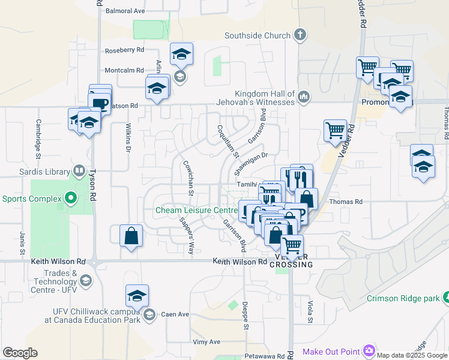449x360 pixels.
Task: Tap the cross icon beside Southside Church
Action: [x=301, y=35]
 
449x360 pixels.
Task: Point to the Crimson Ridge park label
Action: [x=403, y=298]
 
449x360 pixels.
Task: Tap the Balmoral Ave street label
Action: [x=125, y=11]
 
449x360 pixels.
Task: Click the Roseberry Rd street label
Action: [x=124, y=50]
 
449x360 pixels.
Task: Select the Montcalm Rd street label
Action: [x=124, y=70]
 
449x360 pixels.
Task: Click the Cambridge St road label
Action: [x=38, y=130]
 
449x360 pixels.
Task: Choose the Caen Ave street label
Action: [x=175, y=314]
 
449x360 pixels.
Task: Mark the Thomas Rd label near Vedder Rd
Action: [x=346, y=202]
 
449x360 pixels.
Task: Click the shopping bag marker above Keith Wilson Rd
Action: [x=131, y=236]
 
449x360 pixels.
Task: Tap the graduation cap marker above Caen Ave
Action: [x=137, y=296]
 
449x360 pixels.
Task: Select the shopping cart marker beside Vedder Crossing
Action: [x=292, y=245]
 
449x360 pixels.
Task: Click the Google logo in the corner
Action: [x=20, y=353]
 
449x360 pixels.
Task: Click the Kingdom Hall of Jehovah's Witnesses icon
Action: [x=304, y=97]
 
